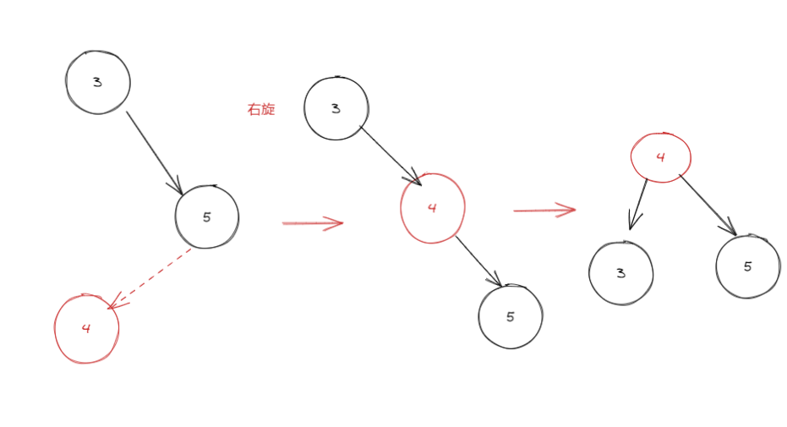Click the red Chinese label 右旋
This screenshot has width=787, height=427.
(261, 110)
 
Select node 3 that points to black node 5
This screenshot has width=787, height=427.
(98, 82)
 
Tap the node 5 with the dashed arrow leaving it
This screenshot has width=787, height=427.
(207, 217)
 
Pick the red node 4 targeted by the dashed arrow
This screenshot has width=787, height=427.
(86, 329)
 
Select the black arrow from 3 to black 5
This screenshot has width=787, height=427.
(154, 152)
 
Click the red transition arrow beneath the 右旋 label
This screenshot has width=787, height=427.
(312, 223)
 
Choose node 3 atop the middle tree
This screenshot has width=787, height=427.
(336, 108)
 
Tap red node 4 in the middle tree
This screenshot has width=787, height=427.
(432, 208)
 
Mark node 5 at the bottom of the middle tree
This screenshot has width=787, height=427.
(511, 316)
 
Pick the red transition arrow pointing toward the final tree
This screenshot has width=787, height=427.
(544, 210)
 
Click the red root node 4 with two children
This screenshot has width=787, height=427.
(661, 157)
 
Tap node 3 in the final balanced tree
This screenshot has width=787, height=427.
(621, 273)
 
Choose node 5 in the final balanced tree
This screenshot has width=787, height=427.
(747, 266)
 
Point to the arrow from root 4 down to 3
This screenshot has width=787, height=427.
(637, 204)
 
